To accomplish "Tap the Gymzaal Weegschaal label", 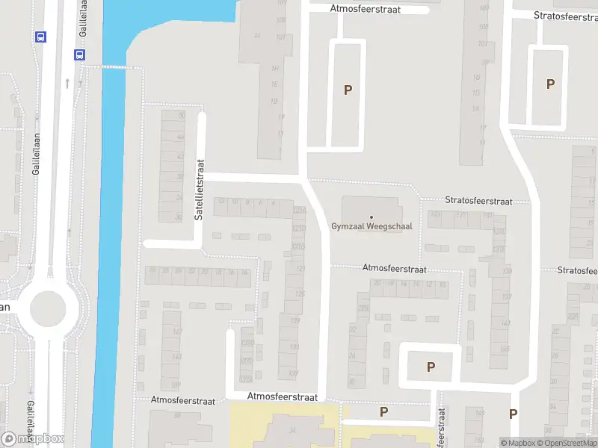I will pyautogui.click(x=371, y=226).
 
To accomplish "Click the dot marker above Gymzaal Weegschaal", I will pyautogui.click(x=371, y=217).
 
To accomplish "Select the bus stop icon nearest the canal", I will pyautogui.click(x=78, y=55).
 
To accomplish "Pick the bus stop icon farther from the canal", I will pyautogui.click(x=40, y=37).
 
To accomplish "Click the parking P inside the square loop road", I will pyautogui.click(x=431, y=367).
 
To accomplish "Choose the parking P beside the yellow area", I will pyautogui.click(x=384, y=411).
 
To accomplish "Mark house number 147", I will pyautogui.click(x=176, y=332).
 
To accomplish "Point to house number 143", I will pyautogui.click(x=176, y=357).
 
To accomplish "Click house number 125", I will pyautogui.click(x=300, y=294).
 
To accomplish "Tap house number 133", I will pyautogui.click(x=295, y=347).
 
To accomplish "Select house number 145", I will pyautogui.click(x=505, y=349).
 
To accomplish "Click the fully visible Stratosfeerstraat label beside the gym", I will pyautogui.click(x=478, y=201).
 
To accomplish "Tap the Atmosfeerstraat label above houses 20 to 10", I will pyautogui.click(x=394, y=268).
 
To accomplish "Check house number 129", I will pyautogui.click(x=295, y=321).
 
